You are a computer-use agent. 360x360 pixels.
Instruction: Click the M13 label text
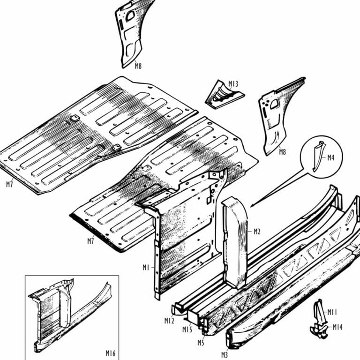[233, 84]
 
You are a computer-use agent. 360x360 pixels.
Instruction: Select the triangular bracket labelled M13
[222, 95]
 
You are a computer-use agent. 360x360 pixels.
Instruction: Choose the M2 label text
[256, 231]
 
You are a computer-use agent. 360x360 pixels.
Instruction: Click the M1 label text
[146, 267]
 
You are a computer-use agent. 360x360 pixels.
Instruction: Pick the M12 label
[169, 321]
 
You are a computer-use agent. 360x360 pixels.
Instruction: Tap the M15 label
[187, 329]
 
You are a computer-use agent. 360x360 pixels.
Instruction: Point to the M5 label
[201, 343]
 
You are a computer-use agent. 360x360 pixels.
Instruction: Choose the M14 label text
[337, 327]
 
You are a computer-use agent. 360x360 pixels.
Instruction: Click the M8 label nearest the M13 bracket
[283, 152]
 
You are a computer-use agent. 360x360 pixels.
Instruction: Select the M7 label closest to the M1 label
[91, 241]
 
